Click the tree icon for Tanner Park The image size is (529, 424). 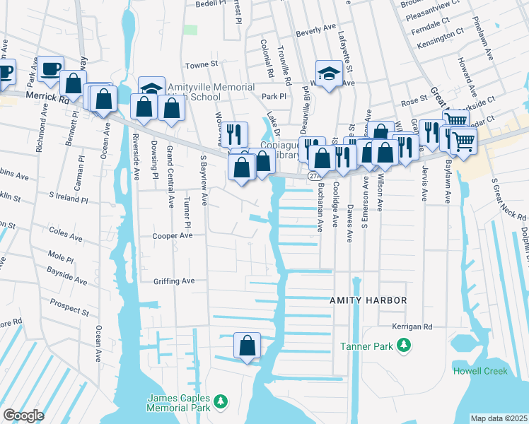coord(404,346)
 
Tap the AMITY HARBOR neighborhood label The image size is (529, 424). coord(368,300)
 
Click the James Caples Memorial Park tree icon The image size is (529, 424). coord(220,402)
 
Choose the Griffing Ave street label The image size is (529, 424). coord(173,281)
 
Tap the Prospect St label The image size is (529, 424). coord(69,307)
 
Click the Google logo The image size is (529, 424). coord(23,416)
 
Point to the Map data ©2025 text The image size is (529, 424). coord(498,418)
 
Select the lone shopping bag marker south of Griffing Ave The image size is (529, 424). coord(248,346)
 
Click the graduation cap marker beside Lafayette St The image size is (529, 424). coord(328,73)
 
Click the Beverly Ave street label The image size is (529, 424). coord(315,29)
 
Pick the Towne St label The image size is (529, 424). coord(202,64)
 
